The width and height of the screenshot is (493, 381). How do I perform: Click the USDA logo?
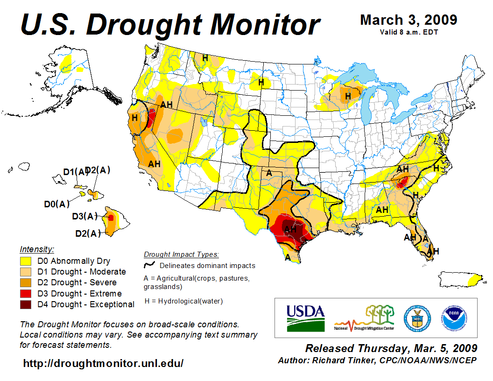point(305,317)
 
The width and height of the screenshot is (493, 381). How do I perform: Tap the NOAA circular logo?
point(453,317)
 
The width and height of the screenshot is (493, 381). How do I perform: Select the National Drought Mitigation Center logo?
point(365,318)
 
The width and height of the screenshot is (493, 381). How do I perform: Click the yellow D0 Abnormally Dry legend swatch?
point(26,261)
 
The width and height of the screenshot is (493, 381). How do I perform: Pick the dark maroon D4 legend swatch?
point(26,304)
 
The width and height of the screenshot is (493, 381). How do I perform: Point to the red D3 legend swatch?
point(26,294)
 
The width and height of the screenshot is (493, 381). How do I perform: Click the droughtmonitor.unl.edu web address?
point(103,363)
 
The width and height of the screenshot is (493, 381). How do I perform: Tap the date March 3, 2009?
point(408,20)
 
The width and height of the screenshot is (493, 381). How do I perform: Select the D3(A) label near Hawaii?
point(85,216)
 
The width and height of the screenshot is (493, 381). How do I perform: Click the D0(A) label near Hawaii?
point(56,204)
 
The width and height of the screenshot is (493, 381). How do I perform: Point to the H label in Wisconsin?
point(348,96)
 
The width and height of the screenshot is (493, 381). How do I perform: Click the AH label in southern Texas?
point(290,229)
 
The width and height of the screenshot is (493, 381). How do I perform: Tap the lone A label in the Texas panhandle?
point(269,173)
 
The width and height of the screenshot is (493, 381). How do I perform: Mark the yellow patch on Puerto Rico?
point(475,280)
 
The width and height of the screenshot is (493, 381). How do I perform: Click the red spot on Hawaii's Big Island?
point(111,218)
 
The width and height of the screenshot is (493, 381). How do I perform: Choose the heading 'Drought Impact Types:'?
point(181,254)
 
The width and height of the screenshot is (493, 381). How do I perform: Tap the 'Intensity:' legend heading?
point(37,249)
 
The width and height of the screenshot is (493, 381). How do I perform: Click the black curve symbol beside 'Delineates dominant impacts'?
point(150,265)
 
